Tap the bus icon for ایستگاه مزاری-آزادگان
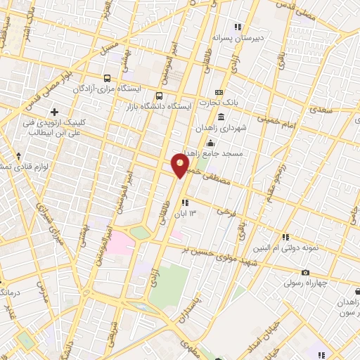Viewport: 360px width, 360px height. click(x=107, y=79)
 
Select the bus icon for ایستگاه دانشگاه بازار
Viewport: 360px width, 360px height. click(x=159, y=96)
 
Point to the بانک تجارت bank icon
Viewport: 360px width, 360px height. click(x=219, y=93)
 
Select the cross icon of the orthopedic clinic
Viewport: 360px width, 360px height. click(x=54, y=112)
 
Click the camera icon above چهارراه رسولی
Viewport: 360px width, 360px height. click(x=304, y=272)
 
